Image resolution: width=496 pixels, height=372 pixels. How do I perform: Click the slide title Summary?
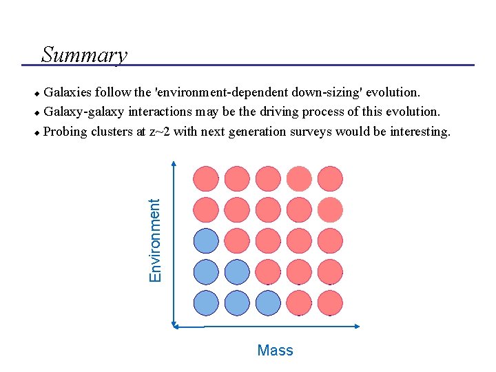pos(84,54)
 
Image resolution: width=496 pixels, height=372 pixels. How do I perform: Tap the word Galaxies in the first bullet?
pos(68,92)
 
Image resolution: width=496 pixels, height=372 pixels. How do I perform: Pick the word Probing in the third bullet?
pos(64,132)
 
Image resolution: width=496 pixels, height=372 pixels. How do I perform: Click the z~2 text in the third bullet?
pos(158,132)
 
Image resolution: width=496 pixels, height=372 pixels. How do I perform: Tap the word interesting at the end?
pos(420,132)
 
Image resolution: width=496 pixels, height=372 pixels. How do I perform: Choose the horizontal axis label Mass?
pos(275,351)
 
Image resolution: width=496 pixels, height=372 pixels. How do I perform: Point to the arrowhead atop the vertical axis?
pos(174,164)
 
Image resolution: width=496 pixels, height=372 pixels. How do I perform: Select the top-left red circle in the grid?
pos(206,178)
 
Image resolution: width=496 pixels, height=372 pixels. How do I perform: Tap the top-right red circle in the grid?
pos(330,178)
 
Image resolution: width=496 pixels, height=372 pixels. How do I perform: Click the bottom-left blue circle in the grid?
pos(206,302)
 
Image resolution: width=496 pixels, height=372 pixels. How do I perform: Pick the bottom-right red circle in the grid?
pos(330,302)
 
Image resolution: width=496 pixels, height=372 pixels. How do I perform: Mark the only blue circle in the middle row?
pos(206,240)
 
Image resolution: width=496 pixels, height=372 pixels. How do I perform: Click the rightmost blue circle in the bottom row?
pos(268,302)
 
